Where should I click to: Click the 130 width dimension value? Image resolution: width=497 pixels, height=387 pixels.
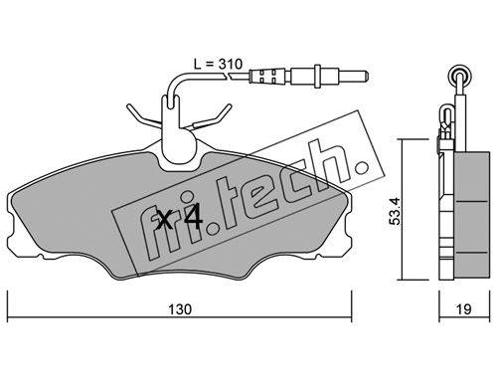(180, 309)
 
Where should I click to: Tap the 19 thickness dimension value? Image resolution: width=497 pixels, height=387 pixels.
(463, 309)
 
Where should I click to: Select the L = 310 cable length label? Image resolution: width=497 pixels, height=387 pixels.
(219, 64)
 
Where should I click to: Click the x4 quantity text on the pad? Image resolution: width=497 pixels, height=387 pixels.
(180, 218)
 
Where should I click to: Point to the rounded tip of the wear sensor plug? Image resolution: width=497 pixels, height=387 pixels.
(366, 77)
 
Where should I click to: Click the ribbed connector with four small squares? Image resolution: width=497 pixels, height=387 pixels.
(267, 77)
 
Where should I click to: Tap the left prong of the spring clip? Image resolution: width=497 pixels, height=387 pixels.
(138, 115)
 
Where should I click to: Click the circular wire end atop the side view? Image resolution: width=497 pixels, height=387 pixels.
(460, 75)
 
